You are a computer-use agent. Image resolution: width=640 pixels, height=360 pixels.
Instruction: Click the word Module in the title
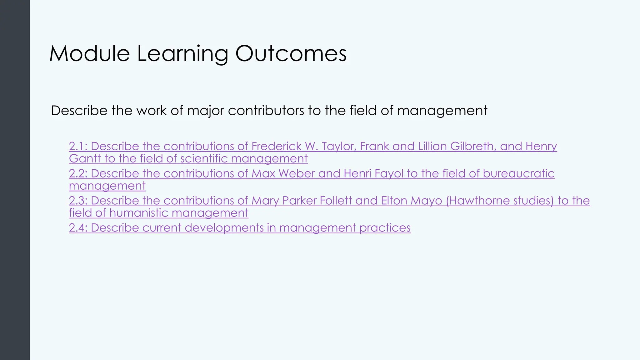89,54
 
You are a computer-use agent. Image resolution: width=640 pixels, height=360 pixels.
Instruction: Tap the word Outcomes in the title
291,54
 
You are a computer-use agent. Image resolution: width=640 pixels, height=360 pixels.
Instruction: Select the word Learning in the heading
182,54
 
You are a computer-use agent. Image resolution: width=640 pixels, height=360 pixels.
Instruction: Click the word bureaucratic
518,173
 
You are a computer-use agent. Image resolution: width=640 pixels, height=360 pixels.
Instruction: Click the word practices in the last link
385,228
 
